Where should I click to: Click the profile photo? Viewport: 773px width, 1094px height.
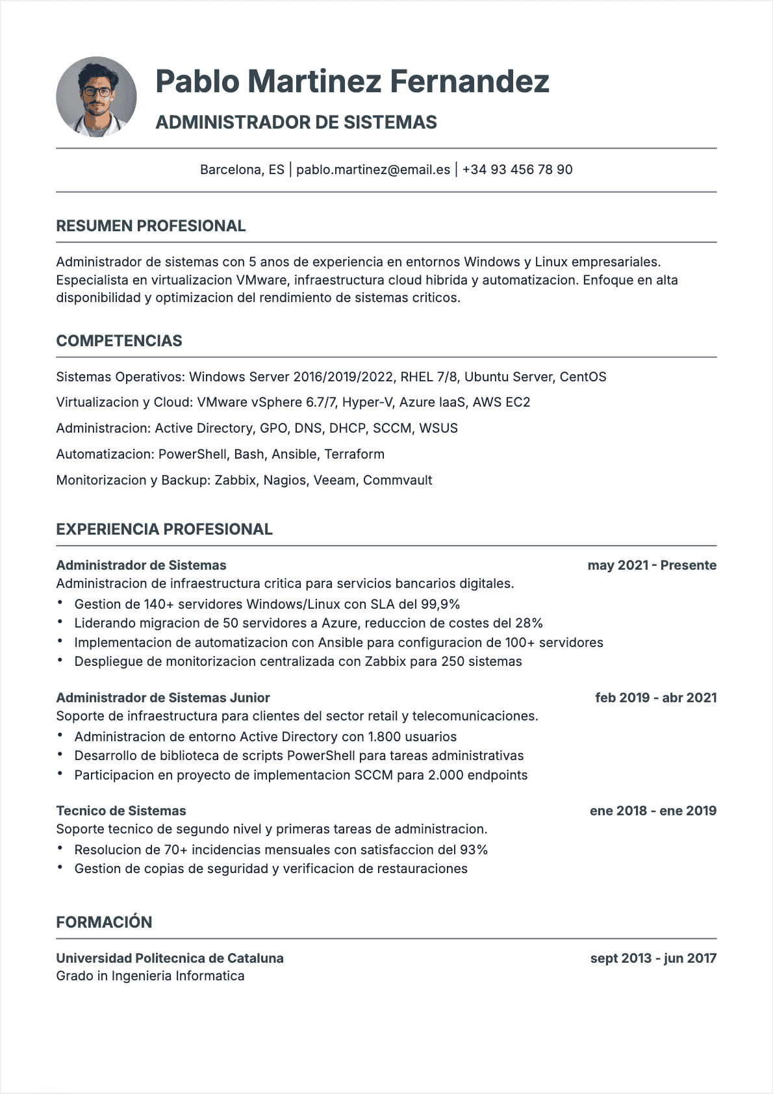(x=97, y=97)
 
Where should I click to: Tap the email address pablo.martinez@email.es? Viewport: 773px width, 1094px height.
(x=373, y=170)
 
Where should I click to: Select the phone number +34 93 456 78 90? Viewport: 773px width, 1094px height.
(x=517, y=170)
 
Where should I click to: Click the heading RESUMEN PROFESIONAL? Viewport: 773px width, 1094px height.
(x=151, y=226)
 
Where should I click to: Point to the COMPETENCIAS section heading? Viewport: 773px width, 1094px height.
(x=119, y=341)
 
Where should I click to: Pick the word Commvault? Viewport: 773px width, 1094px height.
(x=398, y=480)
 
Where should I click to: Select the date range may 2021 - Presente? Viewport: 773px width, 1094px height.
(x=652, y=565)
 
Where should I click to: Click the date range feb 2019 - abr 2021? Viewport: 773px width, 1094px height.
(x=655, y=698)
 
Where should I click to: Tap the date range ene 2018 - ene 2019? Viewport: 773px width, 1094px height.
(x=653, y=811)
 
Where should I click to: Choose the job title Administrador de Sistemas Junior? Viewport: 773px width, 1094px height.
(x=163, y=698)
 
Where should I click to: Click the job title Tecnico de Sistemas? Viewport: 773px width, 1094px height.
(x=121, y=811)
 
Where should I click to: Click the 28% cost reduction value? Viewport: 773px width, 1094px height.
(x=529, y=623)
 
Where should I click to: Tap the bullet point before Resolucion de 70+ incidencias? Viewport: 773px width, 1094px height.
(x=60, y=848)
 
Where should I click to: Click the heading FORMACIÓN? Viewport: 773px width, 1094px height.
(x=104, y=922)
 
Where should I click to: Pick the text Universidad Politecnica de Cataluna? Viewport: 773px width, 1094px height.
(x=170, y=958)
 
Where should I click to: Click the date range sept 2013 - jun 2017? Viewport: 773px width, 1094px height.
(x=653, y=958)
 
